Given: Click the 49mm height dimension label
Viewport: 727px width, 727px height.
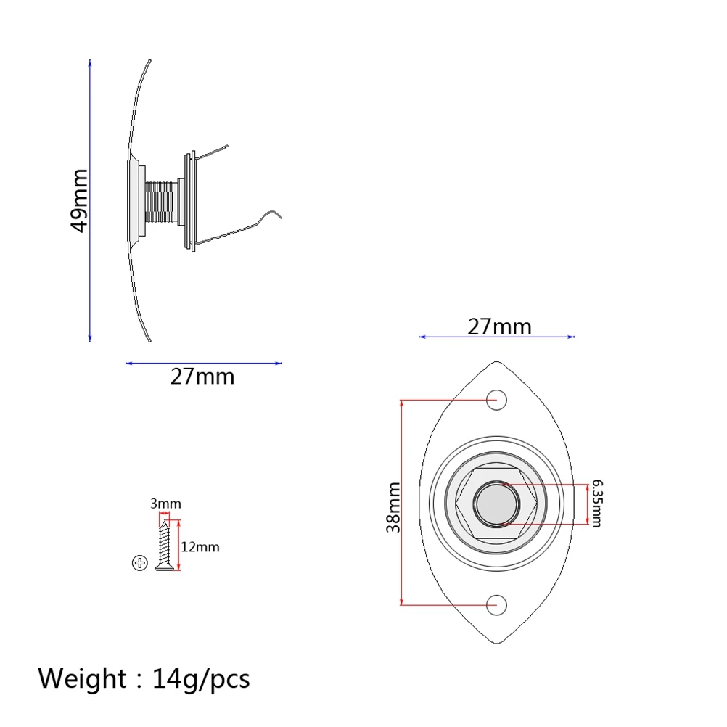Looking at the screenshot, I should tap(79, 200).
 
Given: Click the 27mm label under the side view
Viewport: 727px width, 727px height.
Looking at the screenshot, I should tap(202, 377).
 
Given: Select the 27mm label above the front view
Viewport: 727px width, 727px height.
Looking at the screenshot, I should tap(499, 326).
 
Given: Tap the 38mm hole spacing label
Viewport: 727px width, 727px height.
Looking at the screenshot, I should tap(393, 507).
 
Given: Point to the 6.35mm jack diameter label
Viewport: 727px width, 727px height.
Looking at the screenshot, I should tap(596, 502).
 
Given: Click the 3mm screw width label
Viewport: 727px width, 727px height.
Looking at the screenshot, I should tap(166, 504).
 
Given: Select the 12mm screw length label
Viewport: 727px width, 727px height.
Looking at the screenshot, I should tap(200, 547).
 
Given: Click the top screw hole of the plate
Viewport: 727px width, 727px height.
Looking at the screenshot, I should tap(497, 398).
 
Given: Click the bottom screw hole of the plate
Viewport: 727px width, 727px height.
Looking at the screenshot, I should tap(497, 604).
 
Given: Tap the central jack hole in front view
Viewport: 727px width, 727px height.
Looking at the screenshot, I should tap(496, 503).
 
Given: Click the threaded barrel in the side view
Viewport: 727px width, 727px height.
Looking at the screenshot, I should tap(160, 202).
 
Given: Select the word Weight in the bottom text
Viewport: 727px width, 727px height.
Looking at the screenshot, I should tap(82, 679).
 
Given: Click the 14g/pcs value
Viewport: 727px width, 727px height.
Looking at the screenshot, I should tap(201, 679).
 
